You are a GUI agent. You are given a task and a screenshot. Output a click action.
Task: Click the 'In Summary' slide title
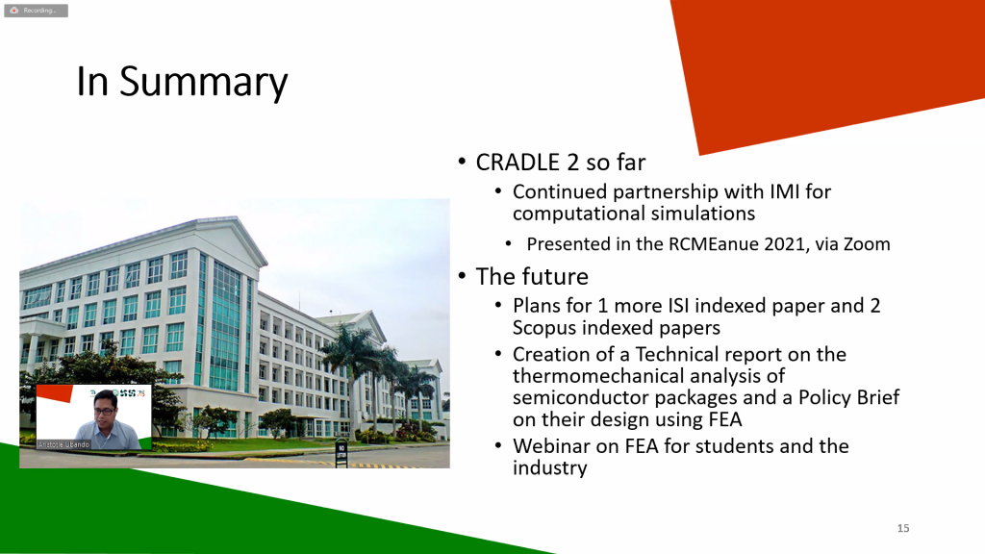pyautogui.click(x=182, y=82)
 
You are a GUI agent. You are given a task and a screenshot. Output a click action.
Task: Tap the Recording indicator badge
pyautogui.click(x=36, y=11)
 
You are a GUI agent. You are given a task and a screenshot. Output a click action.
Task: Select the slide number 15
pyautogui.click(x=903, y=528)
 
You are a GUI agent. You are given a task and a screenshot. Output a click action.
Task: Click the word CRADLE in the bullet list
pyautogui.click(x=518, y=162)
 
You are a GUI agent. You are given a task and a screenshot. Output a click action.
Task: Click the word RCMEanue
pyautogui.click(x=713, y=243)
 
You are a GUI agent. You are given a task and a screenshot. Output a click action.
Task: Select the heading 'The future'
pyautogui.click(x=532, y=276)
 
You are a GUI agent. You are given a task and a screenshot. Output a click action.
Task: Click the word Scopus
pyautogui.click(x=544, y=328)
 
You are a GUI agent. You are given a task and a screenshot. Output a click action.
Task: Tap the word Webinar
pyautogui.click(x=550, y=446)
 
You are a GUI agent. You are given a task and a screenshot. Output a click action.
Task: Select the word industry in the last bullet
pyautogui.click(x=549, y=468)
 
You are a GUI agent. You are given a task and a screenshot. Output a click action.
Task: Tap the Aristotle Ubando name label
pyautogui.click(x=64, y=444)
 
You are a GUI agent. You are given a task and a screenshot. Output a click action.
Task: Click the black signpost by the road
pyautogui.click(x=341, y=452)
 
